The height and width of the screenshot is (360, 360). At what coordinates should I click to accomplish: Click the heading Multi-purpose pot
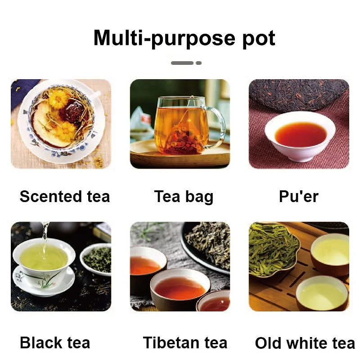184,38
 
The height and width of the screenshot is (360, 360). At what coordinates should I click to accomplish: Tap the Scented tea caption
65,197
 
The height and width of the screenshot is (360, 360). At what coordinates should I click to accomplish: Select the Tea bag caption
184,197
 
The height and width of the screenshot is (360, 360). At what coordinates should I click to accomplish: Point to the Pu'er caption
299,197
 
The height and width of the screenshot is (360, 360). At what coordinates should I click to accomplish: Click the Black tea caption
55,343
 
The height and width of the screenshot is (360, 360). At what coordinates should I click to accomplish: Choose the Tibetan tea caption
185,343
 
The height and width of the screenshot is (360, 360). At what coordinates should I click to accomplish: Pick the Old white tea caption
305,343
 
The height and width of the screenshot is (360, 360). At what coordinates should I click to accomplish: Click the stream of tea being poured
45,239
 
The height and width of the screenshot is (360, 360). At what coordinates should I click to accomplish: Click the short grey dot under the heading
198,63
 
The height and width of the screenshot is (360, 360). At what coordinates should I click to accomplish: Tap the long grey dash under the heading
182,63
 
